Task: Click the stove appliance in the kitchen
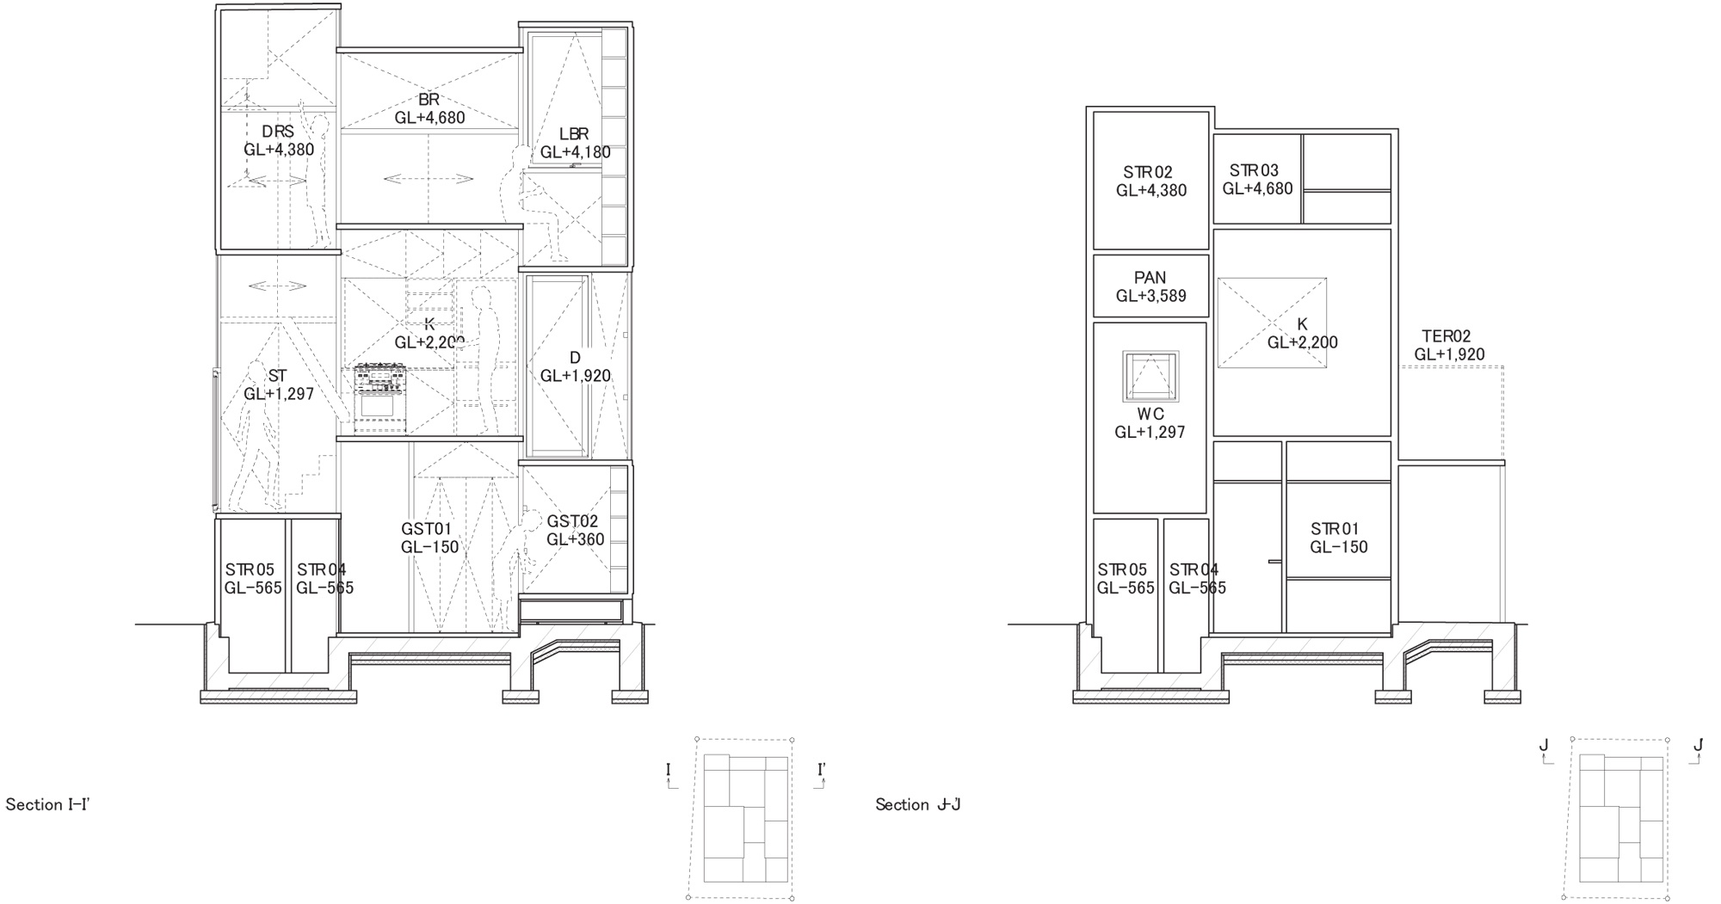379,397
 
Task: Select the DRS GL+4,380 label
278,141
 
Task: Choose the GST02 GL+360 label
575,530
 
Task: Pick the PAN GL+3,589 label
1150,286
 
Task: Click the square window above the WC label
1150,377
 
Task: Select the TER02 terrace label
1449,345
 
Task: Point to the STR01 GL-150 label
1339,538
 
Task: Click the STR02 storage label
1151,181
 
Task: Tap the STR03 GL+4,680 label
1257,179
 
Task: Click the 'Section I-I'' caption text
48,805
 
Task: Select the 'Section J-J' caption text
918,805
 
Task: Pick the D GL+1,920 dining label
575,367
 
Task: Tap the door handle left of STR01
1274,563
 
